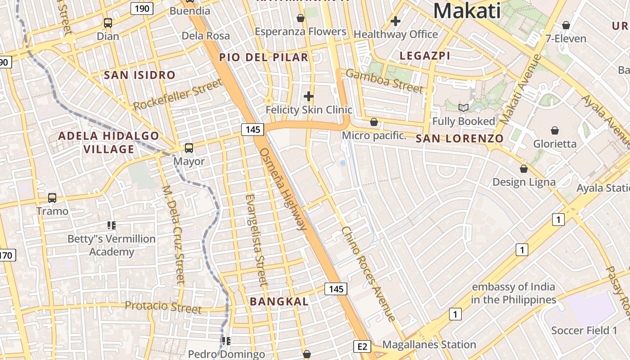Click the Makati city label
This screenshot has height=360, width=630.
pos(467,11)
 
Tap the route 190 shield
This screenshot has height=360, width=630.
pos(142,8)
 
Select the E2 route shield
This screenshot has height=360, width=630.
pos(362,346)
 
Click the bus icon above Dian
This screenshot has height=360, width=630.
pos(108,22)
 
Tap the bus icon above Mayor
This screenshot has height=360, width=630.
pos(189,148)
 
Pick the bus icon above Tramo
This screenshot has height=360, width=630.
pos(52,198)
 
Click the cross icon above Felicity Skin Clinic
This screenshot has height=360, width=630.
pos(309,96)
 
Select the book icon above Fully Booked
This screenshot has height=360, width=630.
pos(463,108)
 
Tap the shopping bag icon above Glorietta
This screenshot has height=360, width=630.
pos(555,130)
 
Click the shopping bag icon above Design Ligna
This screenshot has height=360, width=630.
pos(524,169)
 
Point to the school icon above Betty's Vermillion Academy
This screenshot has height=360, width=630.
pos(111,225)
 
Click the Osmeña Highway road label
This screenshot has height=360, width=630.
pos(283,189)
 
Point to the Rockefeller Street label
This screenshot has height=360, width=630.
pos(178,95)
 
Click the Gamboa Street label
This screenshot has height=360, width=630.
pos(385,81)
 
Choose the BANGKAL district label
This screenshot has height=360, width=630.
pos(279,301)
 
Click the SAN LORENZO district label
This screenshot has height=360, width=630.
pos(459,139)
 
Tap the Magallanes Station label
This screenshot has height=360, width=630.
pos(429,345)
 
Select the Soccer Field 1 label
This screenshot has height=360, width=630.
pos(585,331)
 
